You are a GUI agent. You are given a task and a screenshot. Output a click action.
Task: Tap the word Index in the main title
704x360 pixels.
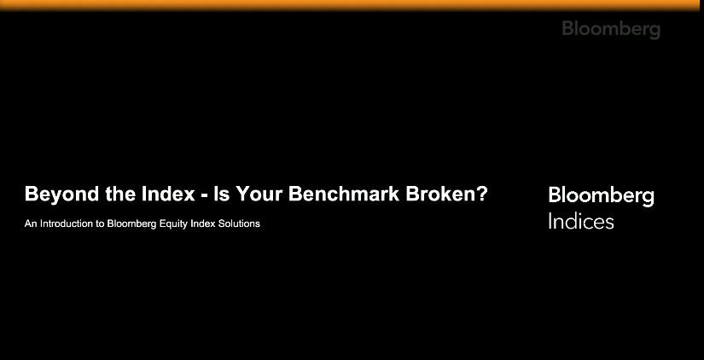click(x=166, y=194)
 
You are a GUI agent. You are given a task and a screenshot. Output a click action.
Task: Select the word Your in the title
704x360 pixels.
click(x=259, y=194)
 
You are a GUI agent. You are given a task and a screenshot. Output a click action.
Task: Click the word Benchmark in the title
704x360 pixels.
click(x=343, y=194)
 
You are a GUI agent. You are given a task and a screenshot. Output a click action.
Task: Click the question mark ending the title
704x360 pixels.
click(x=483, y=194)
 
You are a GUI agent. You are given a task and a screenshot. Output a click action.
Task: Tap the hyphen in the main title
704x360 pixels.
click(x=204, y=195)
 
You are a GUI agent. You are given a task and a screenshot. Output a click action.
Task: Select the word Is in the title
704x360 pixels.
click(x=222, y=194)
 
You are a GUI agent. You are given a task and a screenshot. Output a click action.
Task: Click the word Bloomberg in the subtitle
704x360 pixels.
click(x=137, y=224)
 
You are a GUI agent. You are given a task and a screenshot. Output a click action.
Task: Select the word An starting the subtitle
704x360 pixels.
click(x=31, y=224)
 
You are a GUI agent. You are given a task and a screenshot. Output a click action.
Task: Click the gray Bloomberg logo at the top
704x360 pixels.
click(x=611, y=29)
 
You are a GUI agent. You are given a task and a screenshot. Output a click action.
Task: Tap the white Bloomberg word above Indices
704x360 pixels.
click(x=601, y=195)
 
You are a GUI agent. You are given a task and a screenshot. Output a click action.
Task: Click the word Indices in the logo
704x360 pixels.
click(x=580, y=222)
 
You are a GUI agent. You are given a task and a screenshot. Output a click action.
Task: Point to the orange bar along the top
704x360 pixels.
click(x=352, y=4)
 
